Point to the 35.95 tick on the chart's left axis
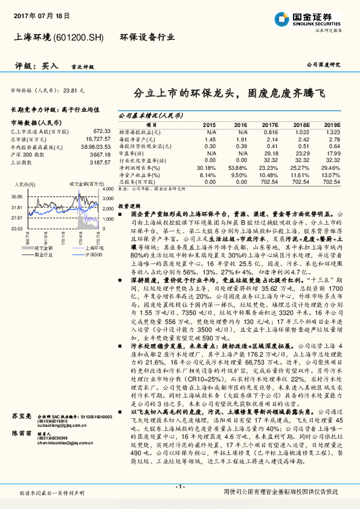pos(16,196)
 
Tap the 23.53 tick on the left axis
pos(16,229)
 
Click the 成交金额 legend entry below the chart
pos(43,248)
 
